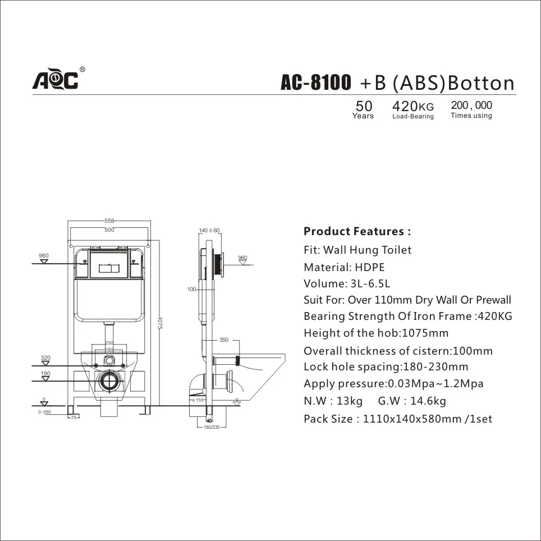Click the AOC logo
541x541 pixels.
(x=55, y=80)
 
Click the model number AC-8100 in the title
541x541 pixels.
(x=316, y=83)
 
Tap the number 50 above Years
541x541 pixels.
(x=364, y=106)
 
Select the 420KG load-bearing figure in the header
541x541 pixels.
(x=413, y=106)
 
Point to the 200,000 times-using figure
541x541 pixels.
(x=471, y=105)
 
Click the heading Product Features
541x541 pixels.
(x=357, y=231)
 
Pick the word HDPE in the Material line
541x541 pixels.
(x=370, y=267)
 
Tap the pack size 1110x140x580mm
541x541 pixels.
(x=412, y=419)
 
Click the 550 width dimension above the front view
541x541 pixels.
(x=109, y=221)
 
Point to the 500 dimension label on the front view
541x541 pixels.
(x=109, y=230)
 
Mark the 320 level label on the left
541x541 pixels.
(x=45, y=357)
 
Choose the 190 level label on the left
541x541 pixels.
(x=45, y=373)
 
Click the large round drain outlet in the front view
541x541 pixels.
(x=109, y=381)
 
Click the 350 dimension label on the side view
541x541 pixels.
(x=224, y=340)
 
